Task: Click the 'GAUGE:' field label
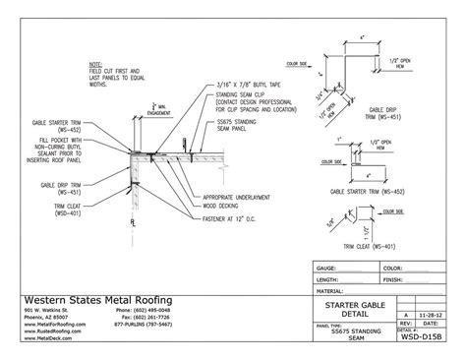click(327, 268)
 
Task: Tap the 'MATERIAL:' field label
click(331, 291)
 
